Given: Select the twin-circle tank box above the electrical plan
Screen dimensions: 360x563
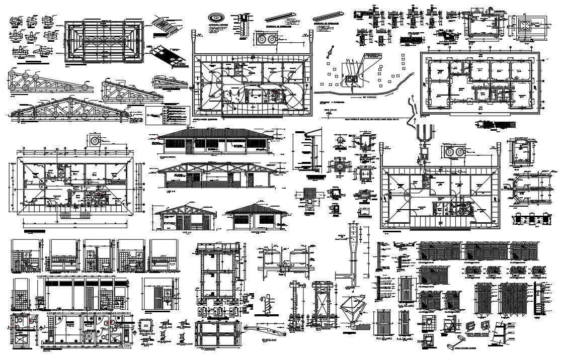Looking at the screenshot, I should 265,38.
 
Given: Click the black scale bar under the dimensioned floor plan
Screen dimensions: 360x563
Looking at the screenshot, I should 35,232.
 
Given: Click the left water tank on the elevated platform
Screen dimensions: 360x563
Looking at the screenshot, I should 273,256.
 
